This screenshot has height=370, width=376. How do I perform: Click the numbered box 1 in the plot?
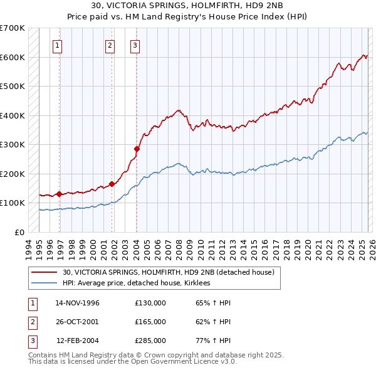57,45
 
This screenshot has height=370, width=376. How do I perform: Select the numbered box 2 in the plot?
110,45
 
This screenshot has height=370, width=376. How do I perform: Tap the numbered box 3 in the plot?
135,45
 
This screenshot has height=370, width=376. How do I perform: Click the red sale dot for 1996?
59,194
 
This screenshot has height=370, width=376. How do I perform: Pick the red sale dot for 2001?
112,184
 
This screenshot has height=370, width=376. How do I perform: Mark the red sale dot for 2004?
137,149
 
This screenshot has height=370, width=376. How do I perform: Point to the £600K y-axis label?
13,57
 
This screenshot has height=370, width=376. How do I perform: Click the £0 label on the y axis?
19,232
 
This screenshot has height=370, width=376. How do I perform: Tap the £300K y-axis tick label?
13,144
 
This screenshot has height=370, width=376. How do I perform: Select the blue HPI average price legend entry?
136,283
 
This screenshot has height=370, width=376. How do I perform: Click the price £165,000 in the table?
150,322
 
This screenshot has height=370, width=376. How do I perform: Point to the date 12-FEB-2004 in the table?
78,341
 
